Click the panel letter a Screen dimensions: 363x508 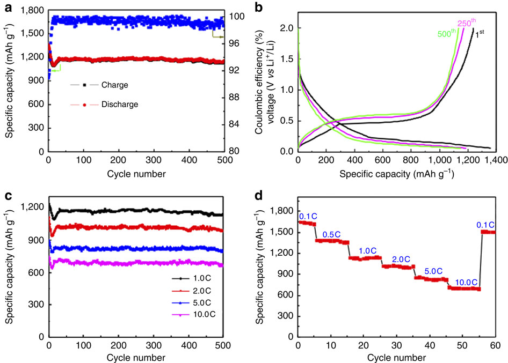(8, 8)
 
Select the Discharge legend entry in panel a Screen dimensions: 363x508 (124, 105)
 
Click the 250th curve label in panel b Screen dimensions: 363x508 (466, 23)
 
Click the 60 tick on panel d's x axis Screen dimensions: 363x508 (494, 345)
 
